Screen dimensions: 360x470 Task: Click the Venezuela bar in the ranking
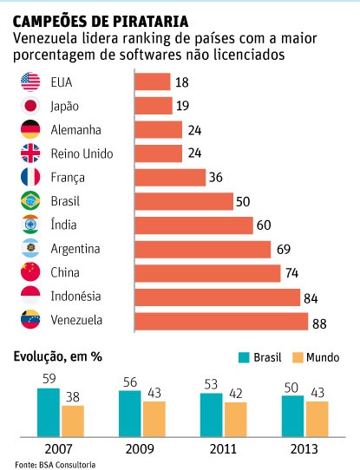221,322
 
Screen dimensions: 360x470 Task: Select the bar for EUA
153,82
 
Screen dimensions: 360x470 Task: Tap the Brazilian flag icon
30,200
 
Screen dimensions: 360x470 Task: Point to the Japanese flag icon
30,106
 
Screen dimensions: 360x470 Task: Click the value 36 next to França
216,177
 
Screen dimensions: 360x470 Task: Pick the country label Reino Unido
82,153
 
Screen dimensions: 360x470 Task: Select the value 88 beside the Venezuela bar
319,324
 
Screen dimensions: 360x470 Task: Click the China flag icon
30,272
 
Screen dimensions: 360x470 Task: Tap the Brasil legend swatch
244,357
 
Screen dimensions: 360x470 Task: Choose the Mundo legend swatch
298,357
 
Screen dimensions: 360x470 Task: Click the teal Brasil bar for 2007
49,413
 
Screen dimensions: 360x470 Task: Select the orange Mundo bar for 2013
317,419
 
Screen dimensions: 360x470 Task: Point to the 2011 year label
223,449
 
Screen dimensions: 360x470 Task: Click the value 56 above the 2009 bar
130,382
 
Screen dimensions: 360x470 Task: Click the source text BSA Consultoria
67,465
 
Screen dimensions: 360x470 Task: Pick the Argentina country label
75,249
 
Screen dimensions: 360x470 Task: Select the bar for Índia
194,225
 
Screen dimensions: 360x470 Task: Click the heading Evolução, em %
58,356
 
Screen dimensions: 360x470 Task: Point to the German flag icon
30,129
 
